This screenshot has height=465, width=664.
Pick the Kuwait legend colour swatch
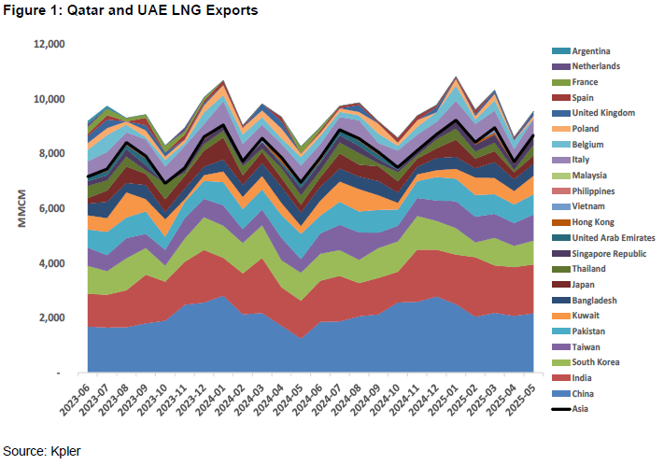tap(556, 316)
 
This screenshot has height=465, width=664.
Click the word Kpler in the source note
tap(64, 450)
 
